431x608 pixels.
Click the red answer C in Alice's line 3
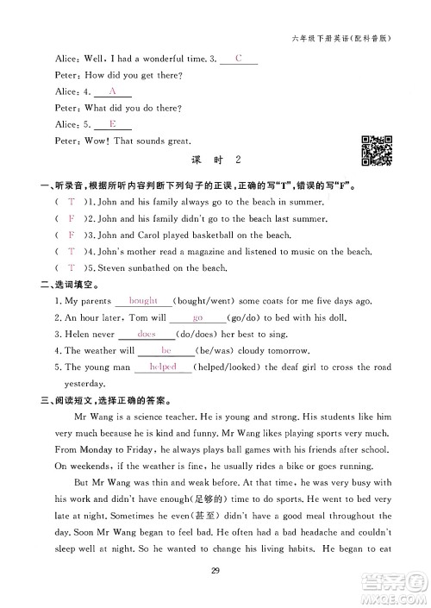(x=239, y=58)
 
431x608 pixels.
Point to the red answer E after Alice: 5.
(x=112, y=123)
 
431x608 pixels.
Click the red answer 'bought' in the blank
(x=142, y=301)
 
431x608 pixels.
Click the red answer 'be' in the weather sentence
(x=166, y=350)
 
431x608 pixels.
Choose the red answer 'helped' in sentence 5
(x=163, y=367)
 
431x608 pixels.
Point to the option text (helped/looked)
(x=230, y=367)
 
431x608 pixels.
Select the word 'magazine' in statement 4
(x=204, y=252)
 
